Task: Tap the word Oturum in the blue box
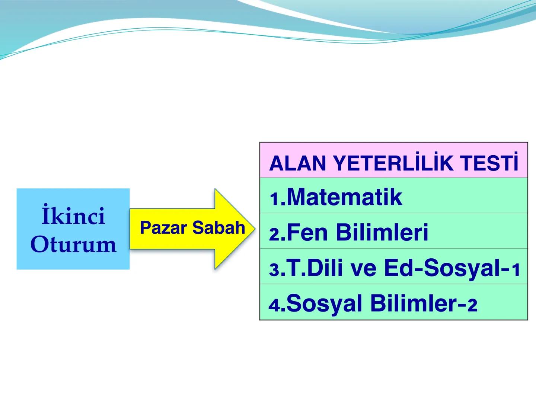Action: [x=73, y=245]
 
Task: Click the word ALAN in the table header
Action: [x=298, y=163]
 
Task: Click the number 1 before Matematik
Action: [x=275, y=200]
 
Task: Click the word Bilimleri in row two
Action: [x=382, y=232]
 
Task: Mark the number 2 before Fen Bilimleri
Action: [x=275, y=235]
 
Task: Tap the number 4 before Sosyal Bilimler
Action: [x=275, y=306]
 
